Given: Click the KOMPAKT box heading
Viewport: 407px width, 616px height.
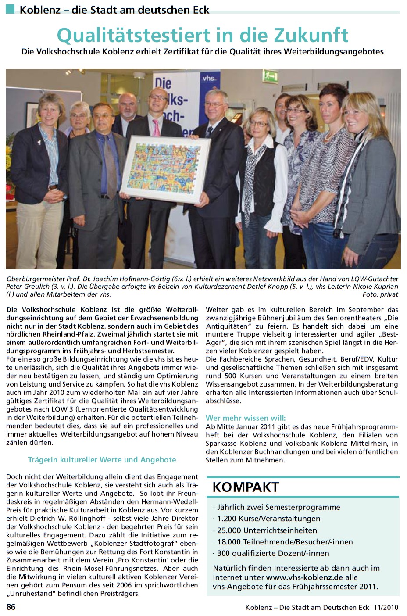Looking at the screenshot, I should [x=246, y=487].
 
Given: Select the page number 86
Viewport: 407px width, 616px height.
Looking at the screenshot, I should [x=11, y=607].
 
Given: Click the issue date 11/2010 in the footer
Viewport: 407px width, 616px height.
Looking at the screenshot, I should [x=386, y=608].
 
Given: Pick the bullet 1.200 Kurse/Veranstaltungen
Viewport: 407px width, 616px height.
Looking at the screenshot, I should [x=268, y=519].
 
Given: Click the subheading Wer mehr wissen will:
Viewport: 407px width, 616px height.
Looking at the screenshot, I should [x=246, y=418].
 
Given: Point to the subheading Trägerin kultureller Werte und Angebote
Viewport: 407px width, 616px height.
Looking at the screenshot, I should [x=102, y=460].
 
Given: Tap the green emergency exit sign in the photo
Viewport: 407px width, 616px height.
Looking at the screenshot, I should [x=271, y=76].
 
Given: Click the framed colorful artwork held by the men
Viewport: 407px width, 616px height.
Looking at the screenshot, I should [x=165, y=168].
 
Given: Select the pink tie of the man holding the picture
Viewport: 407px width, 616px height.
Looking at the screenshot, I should [x=156, y=127].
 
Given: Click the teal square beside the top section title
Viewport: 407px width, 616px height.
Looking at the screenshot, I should [x=10, y=8].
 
